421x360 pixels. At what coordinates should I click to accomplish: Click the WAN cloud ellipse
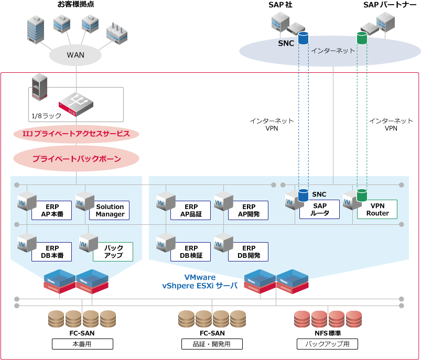coord(75,54)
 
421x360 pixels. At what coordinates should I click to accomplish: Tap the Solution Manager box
coord(110,211)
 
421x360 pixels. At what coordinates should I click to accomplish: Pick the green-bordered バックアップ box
coord(113,252)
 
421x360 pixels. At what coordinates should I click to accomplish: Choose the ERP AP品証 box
coord(191,211)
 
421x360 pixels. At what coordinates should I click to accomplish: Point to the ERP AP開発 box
coord(249,211)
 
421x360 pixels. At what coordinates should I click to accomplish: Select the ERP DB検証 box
coord(191,252)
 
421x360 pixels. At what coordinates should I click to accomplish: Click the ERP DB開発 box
coord(249,252)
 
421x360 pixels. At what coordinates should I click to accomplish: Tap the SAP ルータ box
coord(320,210)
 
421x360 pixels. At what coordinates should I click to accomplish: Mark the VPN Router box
coord(377,210)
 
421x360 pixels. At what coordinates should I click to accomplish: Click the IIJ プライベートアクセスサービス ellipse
coord(77,134)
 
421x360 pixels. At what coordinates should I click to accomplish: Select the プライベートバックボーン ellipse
coord(77,159)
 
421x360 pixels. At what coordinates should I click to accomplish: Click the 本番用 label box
coord(82,344)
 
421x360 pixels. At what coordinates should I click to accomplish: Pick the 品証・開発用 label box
coord(212,344)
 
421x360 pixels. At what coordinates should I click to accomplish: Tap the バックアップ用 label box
coord(327,344)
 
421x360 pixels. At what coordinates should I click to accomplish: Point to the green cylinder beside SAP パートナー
coord(362,38)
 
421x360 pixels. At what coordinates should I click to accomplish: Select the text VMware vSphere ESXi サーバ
coord(200,281)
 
